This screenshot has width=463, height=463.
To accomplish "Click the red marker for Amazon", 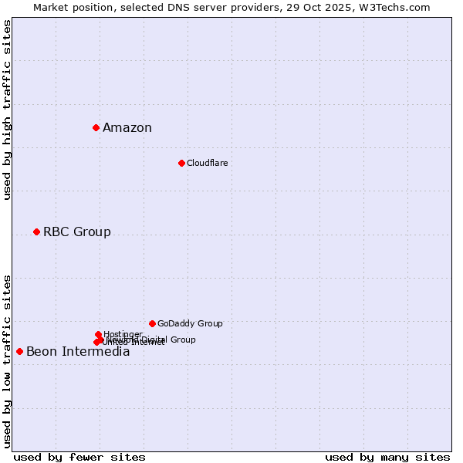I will point(96,127).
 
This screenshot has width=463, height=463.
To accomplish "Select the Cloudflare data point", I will point(181,163).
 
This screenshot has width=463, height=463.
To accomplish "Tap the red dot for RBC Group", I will point(36,231).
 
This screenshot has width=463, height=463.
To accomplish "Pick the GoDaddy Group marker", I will point(152,323).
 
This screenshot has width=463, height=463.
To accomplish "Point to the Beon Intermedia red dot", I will point(19,351).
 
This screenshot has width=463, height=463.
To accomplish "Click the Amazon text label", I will point(127,128).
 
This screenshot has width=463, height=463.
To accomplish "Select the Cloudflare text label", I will point(207,163).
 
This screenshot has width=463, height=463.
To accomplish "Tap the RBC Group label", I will point(76,232).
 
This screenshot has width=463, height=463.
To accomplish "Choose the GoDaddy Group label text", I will point(190,324).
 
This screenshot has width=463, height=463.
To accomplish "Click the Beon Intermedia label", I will point(78,352).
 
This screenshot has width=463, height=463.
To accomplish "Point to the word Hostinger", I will point(123,334).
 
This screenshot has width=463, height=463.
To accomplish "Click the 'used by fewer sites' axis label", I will point(79,458).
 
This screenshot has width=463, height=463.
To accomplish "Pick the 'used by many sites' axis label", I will point(387,458).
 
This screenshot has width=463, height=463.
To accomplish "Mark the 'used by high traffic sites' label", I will point(7,110).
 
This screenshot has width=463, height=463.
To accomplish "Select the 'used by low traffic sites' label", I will point(7,360).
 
